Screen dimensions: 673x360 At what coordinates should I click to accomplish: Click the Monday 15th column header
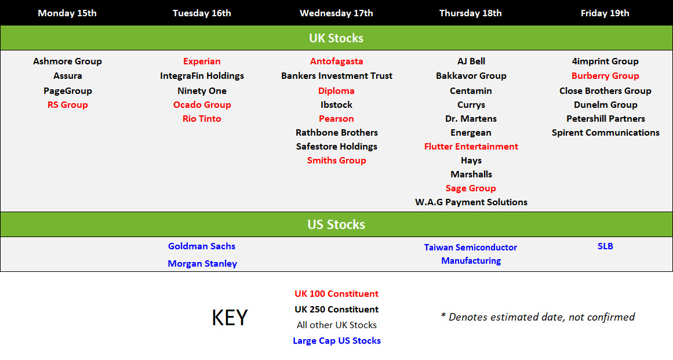coord(67,13)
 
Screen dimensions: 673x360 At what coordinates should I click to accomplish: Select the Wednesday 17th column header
coord(336,13)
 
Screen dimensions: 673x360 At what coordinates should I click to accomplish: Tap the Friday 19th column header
coord(605,13)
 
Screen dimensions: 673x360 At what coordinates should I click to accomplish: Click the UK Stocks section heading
coord(336,38)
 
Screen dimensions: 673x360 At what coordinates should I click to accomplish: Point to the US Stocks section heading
coord(336,224)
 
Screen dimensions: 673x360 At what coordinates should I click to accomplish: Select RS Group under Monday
coord(67,105)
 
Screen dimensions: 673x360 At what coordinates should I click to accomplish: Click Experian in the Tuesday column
coord(202,61)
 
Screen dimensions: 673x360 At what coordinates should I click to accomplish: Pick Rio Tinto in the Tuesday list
coord(202,119)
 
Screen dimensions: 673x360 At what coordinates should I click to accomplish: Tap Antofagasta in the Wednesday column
coord(336,61)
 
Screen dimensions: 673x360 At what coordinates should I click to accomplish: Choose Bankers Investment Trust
coord(336,76)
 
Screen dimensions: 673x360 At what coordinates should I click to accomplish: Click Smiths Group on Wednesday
coord(336,161)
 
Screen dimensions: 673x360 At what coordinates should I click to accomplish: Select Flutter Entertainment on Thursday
coord(471,147)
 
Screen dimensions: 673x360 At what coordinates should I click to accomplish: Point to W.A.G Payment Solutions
coord(471,202)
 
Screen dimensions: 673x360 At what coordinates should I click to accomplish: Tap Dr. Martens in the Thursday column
coord(471,119)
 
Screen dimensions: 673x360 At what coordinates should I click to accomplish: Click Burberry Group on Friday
coord(605,76)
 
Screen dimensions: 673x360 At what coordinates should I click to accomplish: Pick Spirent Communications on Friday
coord(605,133)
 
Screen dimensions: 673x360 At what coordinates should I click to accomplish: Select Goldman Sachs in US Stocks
coord(202,246)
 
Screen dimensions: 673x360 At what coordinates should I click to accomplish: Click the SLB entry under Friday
coord(605,246)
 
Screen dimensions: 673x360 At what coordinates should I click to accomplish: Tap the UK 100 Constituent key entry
coord(336,294)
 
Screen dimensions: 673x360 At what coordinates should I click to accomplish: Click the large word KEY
coord(230,318)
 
